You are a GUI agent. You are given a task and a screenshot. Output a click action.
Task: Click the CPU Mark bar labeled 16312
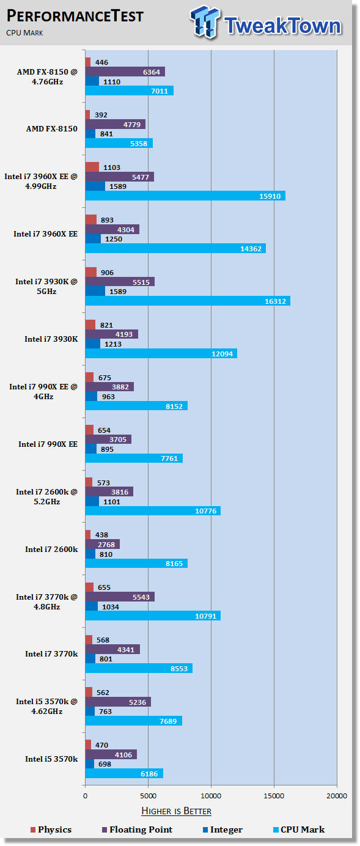tap(188, 301)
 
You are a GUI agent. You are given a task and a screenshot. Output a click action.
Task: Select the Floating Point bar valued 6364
tap(125, 72)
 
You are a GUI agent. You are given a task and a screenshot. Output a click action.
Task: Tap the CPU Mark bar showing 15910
tap(185, 196)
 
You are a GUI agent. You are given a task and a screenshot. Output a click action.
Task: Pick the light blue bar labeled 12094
tap(161, 353)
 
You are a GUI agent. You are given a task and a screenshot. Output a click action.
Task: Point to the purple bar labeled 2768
tap(102, 544)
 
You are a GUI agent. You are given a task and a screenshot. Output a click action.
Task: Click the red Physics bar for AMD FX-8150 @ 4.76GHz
tap(88, 62)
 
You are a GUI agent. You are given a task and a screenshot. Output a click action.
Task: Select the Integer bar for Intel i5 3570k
tap(89, 763)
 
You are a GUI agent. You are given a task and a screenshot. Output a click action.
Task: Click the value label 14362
tap(251, 249)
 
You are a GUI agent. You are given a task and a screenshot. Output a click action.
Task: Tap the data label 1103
tap(112, 167)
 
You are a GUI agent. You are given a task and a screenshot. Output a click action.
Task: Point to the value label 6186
tap(149, 774)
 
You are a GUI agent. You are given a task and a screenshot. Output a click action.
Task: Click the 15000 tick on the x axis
tap(274, 796)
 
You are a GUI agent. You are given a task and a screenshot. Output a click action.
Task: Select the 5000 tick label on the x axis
tap(148, 796)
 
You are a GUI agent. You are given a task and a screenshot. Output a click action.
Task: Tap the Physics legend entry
tap(51, 829)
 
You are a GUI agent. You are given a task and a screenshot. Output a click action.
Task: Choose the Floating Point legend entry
tap(137, 829)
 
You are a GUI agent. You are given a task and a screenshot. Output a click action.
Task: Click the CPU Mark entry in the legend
tap(299, 829)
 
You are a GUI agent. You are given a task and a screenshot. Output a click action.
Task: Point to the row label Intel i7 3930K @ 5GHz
tap(46, 286)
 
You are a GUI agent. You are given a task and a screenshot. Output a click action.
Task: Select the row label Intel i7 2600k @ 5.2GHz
tap(46, 496)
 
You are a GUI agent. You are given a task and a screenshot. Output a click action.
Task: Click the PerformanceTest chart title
tap(75, 17)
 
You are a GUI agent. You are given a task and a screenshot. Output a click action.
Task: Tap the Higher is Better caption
tap(177, 811)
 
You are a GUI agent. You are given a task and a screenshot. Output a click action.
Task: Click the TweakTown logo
tap(266, 23)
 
